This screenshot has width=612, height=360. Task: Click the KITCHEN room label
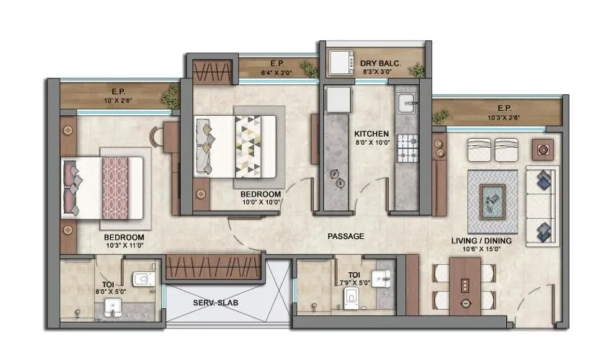coord(372,134)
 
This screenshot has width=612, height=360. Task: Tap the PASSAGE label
coord(346,236)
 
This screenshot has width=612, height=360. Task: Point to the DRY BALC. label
coord(379,63)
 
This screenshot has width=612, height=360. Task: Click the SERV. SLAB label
coord(216,303)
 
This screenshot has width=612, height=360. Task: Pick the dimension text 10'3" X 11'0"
coord(124,246)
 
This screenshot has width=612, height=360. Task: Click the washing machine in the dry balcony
coord(338,63)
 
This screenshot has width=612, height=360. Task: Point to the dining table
coord(464,287)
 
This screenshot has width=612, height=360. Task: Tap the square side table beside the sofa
coord(541,149)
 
